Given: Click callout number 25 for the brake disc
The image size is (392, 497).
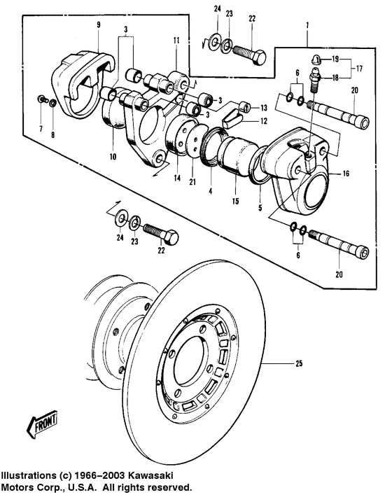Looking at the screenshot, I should pos(299,363).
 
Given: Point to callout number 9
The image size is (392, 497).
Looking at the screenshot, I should pos(99,25).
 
